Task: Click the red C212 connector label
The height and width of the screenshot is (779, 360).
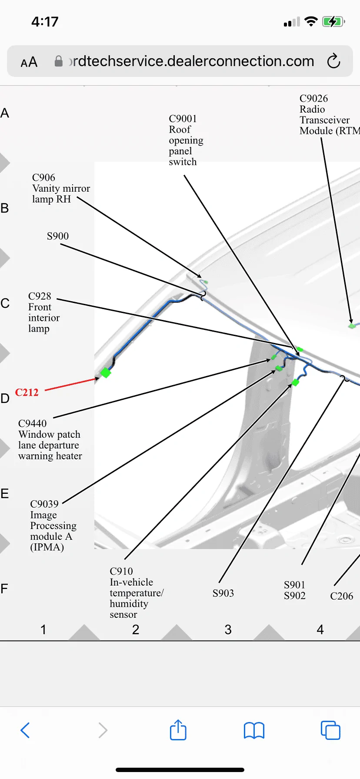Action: point(27,393)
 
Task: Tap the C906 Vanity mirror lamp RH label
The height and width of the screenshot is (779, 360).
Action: point(61,188)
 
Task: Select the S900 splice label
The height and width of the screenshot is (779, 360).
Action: point(58,236)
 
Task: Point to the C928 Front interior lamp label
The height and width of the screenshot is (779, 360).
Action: point(44,312)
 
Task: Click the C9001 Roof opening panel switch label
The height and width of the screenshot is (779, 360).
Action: point(186,140)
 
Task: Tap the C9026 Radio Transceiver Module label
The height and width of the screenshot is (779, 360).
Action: point(330,115)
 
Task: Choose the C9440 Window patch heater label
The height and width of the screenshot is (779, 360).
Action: point(50,439)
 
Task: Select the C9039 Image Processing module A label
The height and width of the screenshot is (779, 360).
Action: point(53,525)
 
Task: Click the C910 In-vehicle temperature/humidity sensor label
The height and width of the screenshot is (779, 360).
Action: point(137,593)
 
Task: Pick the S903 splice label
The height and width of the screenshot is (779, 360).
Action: point(223,593)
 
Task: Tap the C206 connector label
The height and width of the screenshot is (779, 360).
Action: point(342,596)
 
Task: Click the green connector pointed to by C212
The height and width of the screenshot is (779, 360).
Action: point(106,372)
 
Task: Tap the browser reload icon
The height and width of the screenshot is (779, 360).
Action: point(333,61)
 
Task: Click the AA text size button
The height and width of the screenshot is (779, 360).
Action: point(29,62)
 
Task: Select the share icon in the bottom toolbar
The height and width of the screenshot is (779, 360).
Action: point(178,729)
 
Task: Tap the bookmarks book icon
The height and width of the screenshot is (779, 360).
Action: point(254,730)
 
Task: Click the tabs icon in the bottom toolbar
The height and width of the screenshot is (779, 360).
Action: point(330,730)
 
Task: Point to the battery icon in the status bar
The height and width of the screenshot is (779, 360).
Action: point(333,22)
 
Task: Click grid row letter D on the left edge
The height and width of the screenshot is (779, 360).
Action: point(5,399)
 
